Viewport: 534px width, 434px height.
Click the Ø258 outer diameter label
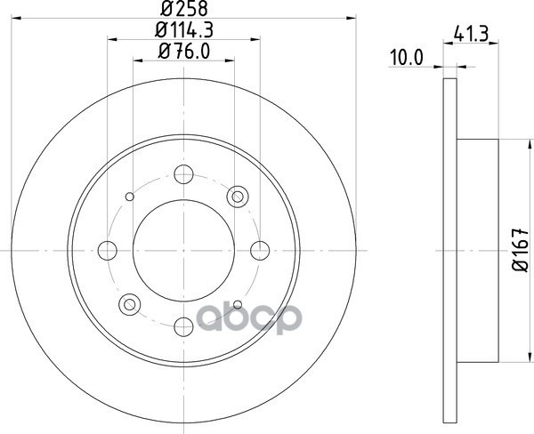point(184,9)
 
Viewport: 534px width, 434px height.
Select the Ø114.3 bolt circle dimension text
point(184,30)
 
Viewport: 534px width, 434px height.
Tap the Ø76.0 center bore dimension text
point(184,52)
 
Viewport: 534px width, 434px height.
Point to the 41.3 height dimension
point(471,35)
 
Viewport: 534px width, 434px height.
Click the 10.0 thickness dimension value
point(407,58)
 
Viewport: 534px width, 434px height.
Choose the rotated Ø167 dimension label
point(521,250)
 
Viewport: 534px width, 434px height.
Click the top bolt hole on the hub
point(183,174)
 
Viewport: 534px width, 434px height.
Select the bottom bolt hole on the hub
point(183,326)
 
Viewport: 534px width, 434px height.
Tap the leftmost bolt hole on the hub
point(108,251)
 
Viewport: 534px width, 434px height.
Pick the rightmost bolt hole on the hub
point(260,251)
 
